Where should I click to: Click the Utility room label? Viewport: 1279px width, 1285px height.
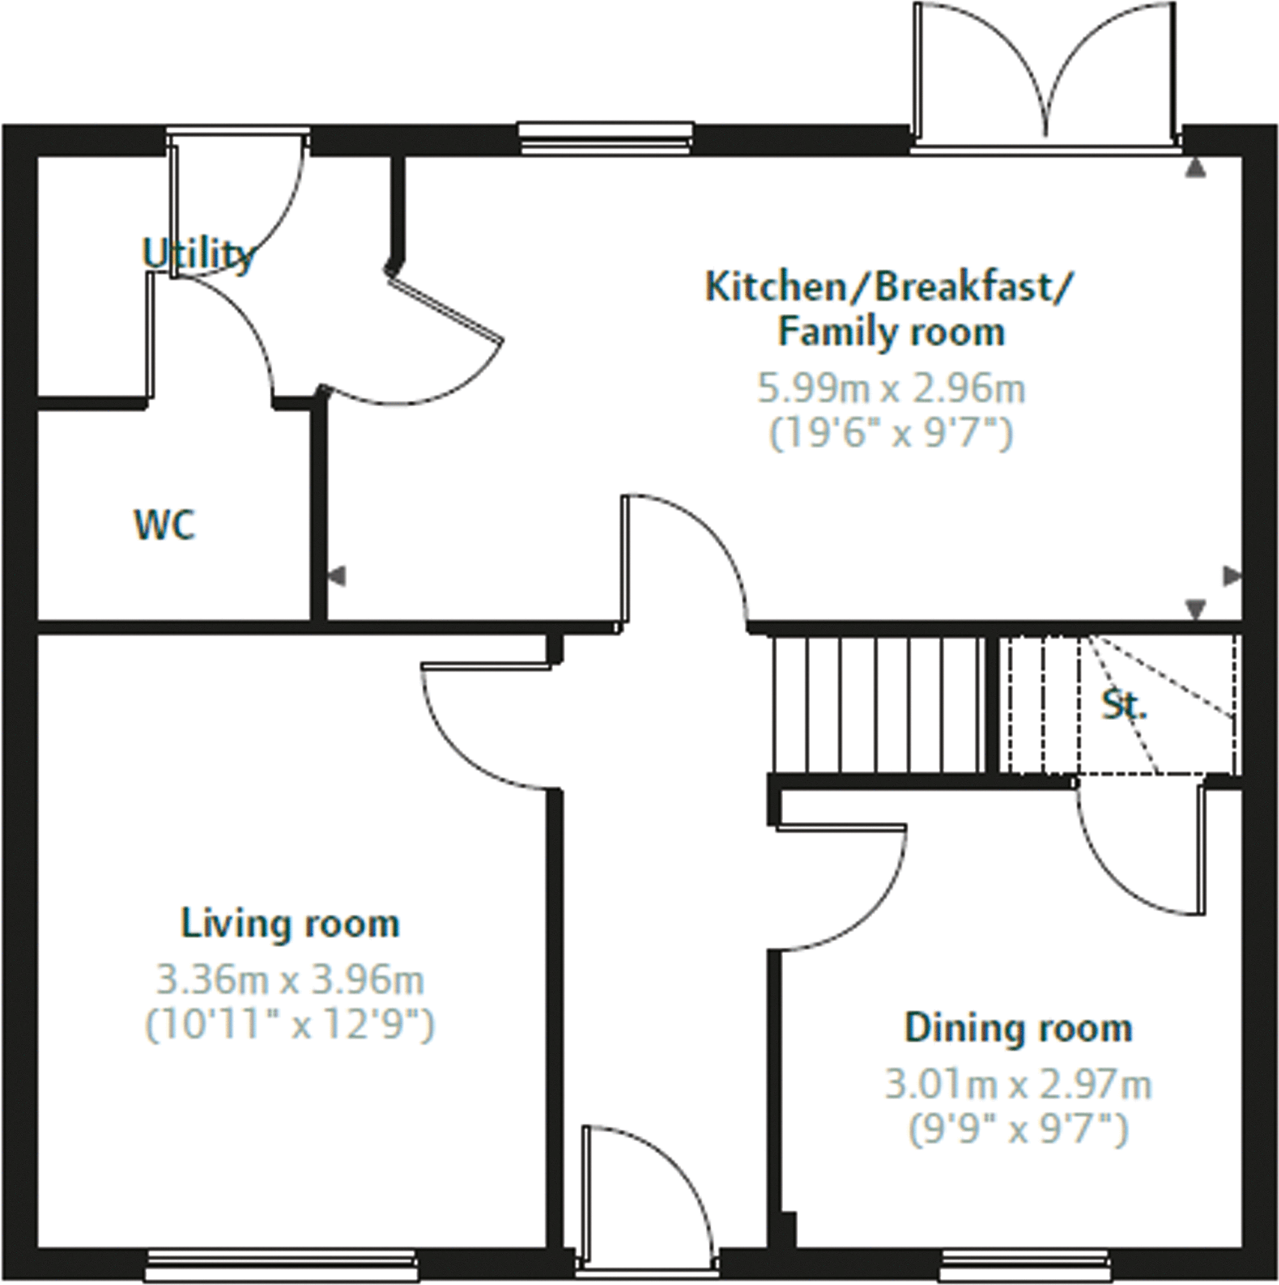(x=199, y=255)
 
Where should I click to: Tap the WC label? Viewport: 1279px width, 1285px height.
(x=165, y=525)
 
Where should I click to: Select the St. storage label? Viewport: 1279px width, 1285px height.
(x=1125, y=706)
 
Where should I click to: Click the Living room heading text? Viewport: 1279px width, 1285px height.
(x=290, y=924)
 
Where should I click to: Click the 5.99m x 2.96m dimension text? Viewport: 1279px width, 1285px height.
(x=891, y=388)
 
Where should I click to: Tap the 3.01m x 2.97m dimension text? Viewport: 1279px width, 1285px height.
(x=1018, y=1085)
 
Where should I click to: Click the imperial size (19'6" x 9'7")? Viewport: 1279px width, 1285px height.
(x=891, y=434)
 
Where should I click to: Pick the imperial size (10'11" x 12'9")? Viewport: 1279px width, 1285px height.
(x=290, y=1025)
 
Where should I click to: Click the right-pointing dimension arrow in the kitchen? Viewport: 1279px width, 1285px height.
(x=1232, y=576)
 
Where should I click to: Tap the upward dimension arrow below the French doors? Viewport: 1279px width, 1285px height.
(x=1195, y=169)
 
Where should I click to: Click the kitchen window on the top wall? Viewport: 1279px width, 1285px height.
(x=606, y=138)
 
